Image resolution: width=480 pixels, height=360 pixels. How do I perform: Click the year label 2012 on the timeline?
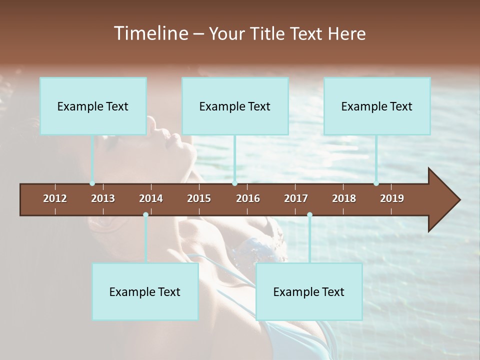click(x=55, y=198)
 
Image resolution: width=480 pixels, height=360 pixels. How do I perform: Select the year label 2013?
click(x=103, y=198)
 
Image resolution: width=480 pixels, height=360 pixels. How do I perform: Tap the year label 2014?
click(x=151, y=198)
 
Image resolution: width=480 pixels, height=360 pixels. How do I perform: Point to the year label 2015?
click(x=199, y=198)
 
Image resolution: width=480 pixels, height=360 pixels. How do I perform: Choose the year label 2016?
click(x=248, y=198)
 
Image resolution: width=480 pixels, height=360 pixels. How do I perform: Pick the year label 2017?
click(x=296, y=198)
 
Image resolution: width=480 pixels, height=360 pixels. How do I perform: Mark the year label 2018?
click(x=344, y=198)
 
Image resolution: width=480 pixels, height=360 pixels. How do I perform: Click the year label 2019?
click(x=392, y=198)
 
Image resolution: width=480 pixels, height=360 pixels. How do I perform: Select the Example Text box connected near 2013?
click(x=93, y=106)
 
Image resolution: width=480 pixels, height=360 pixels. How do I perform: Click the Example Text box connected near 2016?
click(x=235, y=106)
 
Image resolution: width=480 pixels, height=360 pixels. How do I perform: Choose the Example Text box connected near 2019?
click(x=377, y=106)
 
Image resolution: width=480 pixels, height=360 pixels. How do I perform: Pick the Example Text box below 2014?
click(x=145, y=291)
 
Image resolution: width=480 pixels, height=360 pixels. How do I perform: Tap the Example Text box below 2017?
click(x=309, y=291)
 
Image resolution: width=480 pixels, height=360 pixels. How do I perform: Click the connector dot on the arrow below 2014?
click(x=145, y=215)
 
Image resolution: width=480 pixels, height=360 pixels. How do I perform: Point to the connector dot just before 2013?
click(x=92, y=183)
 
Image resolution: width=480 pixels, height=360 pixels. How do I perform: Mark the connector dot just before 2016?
click(x=234, y=183)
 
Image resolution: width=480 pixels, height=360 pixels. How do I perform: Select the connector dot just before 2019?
click(x=376, y=183)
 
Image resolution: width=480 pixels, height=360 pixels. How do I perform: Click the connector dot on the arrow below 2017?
click(x=309, y=215)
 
